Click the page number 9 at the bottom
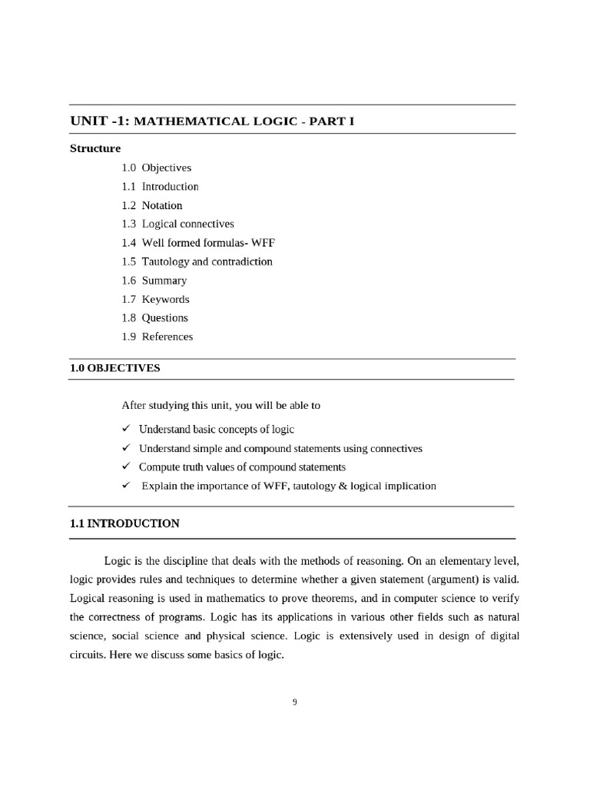pyautogui.click(x=295, y=701)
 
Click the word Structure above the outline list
pyautogui.click(x=95, y=148)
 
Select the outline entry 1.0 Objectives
pyautogui.click(x=156, y=168)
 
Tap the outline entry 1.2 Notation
pyautogui.click(x=151, y=205)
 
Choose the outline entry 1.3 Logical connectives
pyautogui.click(x=177, y=224)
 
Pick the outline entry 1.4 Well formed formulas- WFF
pyautogui.click(x=197, y=243)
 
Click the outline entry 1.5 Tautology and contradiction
pyautogui.click(x=197, y=261)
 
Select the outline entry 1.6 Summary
pyautogui.click(x=154, y=281)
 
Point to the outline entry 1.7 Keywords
pyautogui.click(x=155, y=299)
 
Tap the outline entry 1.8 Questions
pyautogui.click(x=154, y=317)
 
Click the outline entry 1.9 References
pyautogui.click(x=157, y=337)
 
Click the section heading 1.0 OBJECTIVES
pyautogui.click(x=115, y=368)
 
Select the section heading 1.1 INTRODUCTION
pyautogui.click(x=124, y=523)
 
